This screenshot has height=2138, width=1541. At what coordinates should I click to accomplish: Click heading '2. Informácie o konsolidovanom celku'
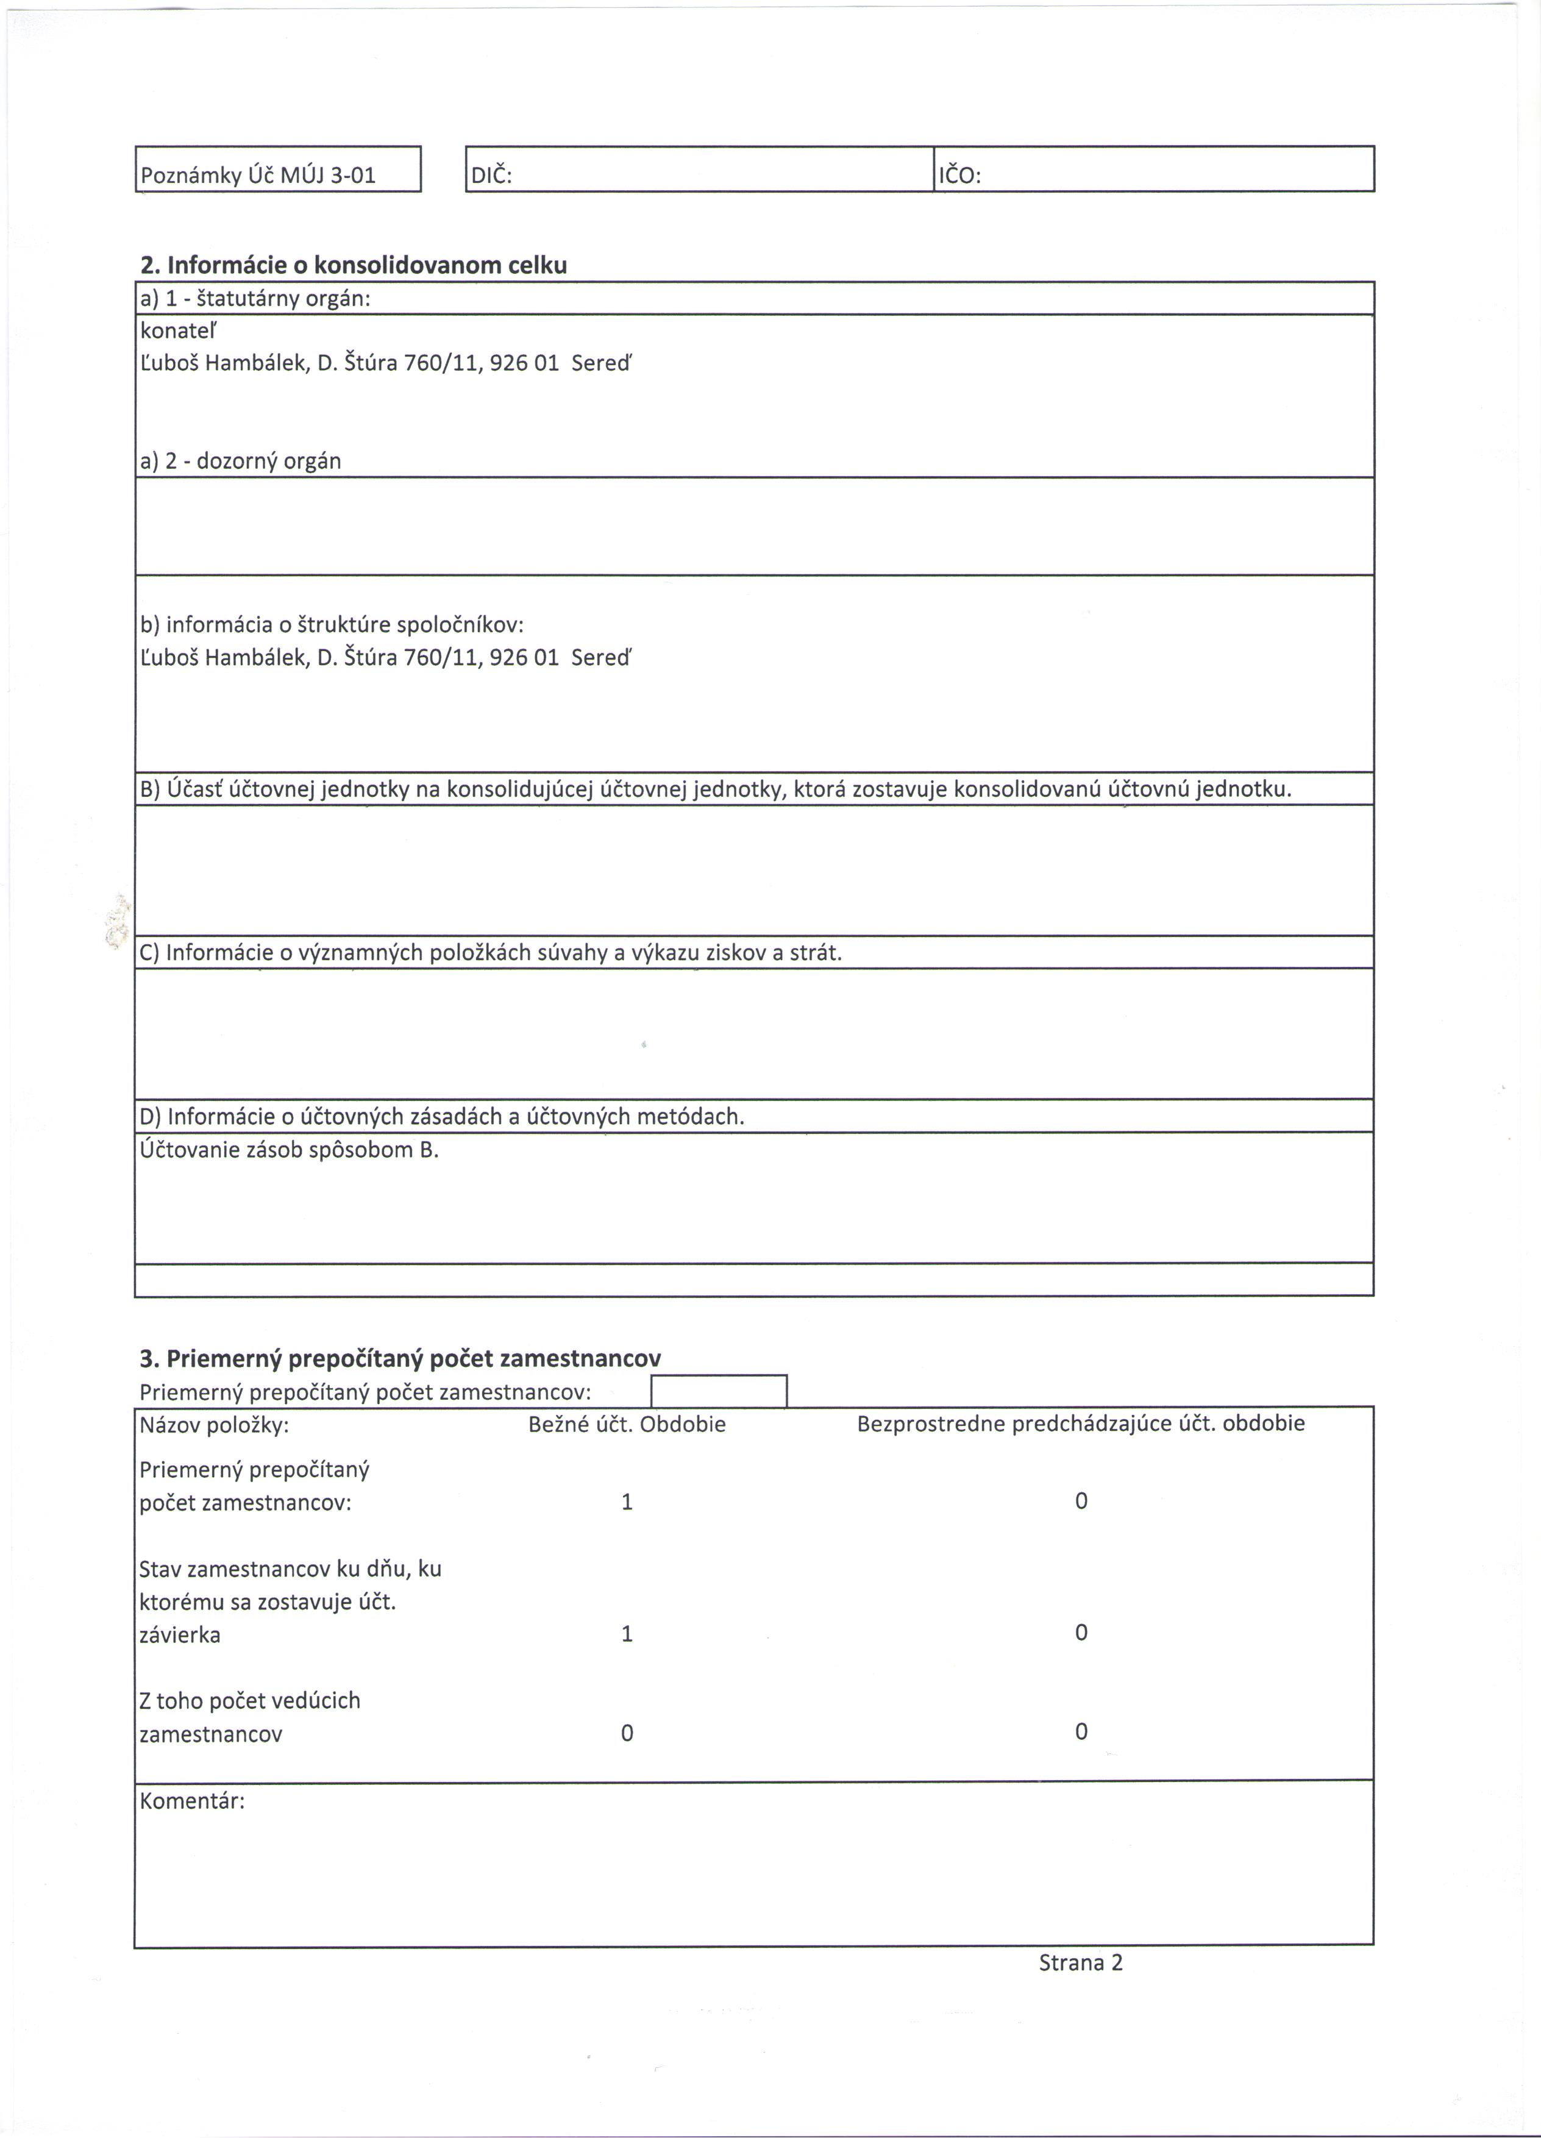354,265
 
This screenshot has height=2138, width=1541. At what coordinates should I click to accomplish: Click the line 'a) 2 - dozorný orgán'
240,461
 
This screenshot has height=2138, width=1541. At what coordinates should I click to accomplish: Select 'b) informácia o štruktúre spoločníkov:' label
332,624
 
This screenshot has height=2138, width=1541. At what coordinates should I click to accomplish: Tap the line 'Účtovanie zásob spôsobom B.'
290,1150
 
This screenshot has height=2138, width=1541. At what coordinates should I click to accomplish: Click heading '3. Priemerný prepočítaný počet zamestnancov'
400,1358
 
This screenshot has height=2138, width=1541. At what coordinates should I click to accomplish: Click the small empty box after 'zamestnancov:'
719,1391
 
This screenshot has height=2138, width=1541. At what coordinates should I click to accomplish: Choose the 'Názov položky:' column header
214,1424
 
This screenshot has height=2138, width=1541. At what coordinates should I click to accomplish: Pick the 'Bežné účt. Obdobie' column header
627,1424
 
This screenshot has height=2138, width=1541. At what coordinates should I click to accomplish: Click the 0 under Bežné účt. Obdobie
627,1733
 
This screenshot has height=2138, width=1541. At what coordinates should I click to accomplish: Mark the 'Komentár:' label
192,1801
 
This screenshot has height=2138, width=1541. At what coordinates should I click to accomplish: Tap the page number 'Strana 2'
1080,1962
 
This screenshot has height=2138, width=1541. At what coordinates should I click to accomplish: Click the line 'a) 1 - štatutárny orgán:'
254,299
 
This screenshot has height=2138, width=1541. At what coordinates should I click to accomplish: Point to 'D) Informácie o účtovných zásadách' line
442,1117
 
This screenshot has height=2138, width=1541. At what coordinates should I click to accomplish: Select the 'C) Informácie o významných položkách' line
490,953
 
